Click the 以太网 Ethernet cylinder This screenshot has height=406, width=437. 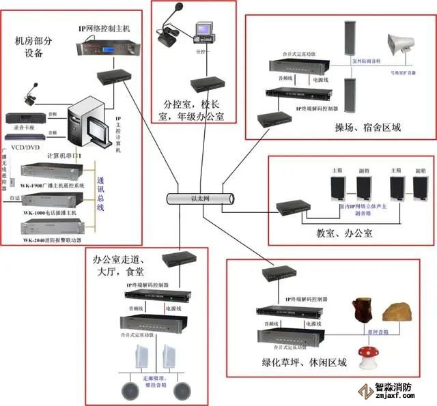pyautogui.click(x=199, y=198)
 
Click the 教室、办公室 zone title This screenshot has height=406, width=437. pyautogui.click(x=344, y=233)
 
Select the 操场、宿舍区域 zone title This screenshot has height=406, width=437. pyautogui.click(x=367, y=128)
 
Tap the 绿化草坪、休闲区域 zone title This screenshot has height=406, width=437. pyautogui.click(x=303, y=362)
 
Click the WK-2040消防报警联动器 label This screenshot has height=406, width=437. pyautogui.click(x=52, y=240)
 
